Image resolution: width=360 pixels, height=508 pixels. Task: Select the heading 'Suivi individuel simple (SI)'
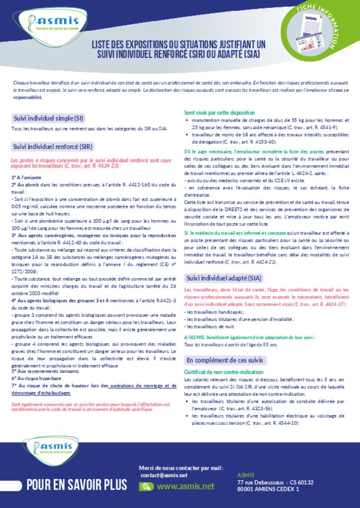tap(48, 118)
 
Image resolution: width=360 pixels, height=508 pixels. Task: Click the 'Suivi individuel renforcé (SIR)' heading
tap(52, 146)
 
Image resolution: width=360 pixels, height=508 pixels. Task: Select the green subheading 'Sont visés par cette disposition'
tap(219, 113)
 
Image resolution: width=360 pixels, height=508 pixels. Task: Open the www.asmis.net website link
tap(186, 487)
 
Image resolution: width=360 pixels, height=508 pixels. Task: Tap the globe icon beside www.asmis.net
tap(146, 487)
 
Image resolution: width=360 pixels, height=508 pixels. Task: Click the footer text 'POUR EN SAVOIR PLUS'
tap(77, 485)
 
